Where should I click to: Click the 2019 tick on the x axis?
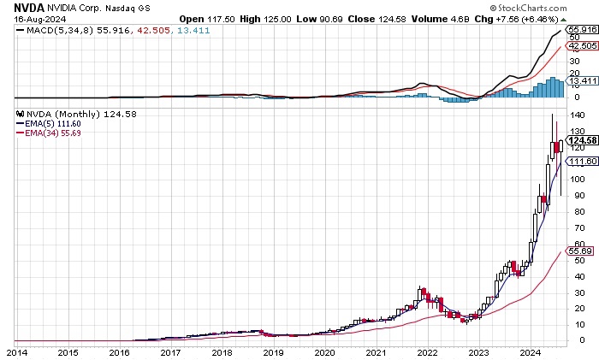coord(273,351)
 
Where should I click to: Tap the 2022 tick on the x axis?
coord(428,351)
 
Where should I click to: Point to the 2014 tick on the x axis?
coord(15,351)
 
